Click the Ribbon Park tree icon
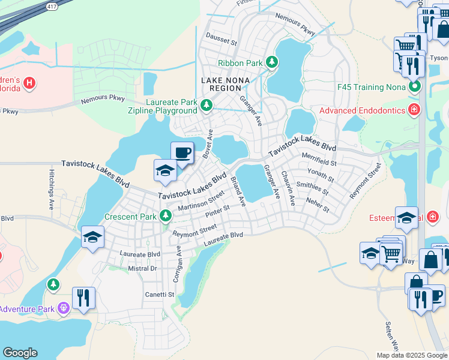272,62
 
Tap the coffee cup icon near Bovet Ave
182,152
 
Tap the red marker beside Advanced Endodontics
414,110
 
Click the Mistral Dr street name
142,268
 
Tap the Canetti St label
159,295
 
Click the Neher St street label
318,205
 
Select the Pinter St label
217,211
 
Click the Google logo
20,352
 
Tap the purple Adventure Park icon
62,309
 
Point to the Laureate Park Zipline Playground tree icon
206,106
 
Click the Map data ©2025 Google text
412,355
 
